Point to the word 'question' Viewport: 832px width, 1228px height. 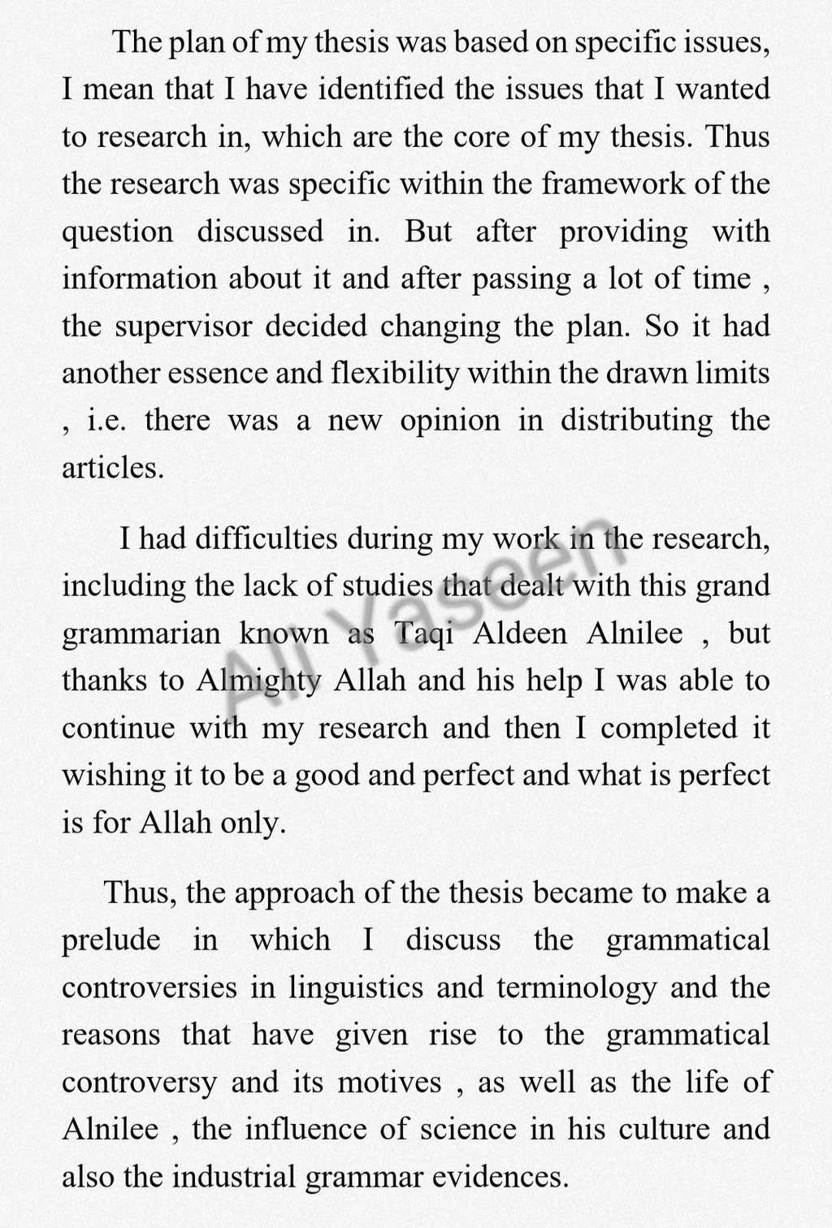(117, 231)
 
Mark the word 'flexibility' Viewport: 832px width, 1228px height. (396, 373)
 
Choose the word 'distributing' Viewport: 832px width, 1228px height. (636, 420)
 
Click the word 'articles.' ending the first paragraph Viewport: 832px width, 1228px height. (113, 467)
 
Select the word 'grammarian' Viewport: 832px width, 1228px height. (141, 633)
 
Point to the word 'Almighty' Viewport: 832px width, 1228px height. (259, 680)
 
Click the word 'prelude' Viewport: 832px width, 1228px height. (110, 940)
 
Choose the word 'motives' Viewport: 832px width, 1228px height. (389, 1082)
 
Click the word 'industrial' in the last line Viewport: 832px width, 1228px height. (234, 1176)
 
